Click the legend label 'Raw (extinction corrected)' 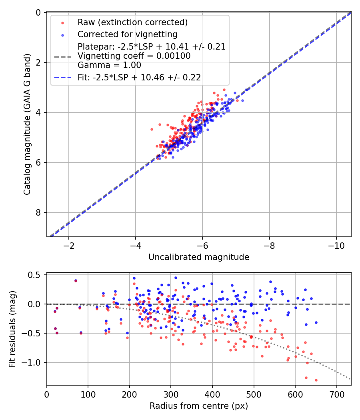point(132,22)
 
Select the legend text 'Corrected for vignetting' point(127,34)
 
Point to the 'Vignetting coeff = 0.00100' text point(134,56)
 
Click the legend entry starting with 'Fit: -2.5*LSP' point(139,78)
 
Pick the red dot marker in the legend point(62,22)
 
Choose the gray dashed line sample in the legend point(62,56)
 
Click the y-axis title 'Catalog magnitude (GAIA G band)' point(27,124)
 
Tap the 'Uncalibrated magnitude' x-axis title point(199,257)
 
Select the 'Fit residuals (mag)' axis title point(12,328)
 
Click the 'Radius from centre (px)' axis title point(199,406)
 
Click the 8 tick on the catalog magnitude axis point(38,212)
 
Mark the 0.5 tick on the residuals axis point(36,275)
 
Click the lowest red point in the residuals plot point(316,380)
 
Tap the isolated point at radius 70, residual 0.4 point(76,280)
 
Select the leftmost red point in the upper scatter point(152,129)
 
